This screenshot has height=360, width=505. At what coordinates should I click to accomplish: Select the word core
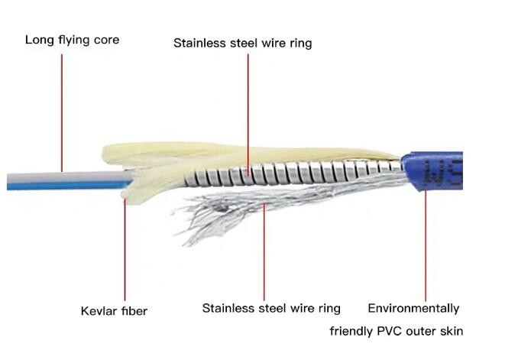106,41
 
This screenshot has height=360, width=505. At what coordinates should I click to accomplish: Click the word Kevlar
99,311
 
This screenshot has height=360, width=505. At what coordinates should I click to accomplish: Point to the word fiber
134,311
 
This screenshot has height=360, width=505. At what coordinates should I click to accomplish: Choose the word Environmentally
413,309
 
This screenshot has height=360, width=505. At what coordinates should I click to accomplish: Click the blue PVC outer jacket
432,170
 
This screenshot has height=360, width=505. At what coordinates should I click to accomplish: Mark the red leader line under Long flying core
62,113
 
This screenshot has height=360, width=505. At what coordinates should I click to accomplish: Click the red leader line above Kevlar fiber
125,250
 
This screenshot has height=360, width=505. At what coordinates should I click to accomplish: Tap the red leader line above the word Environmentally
426,245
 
